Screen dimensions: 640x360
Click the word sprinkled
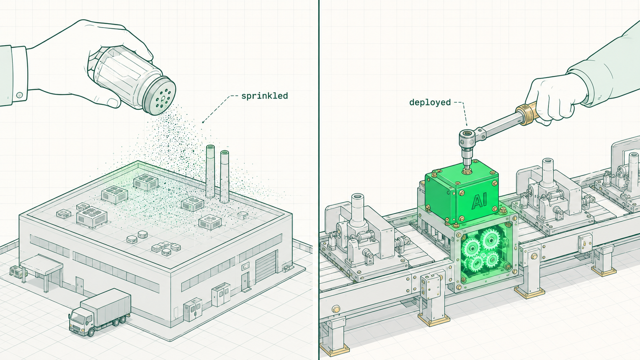click(264, 96)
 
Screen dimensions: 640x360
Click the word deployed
click(430, 103)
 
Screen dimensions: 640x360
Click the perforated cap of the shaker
click(159, 96)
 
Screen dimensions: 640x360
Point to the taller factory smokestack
click(210, 171)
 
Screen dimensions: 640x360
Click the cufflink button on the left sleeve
click(20, 95)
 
